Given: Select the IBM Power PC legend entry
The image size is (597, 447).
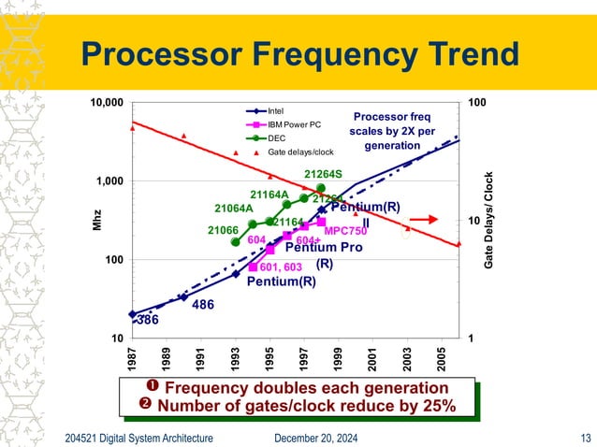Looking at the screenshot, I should [x=294, y=123].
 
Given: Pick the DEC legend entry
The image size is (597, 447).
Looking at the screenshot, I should [x=277, y=137].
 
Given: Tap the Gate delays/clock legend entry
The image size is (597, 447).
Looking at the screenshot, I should [x=300, y=151].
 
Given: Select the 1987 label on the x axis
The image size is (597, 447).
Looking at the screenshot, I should [x=132, y=356].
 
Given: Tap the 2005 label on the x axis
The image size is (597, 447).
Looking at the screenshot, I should [x=442, y=356].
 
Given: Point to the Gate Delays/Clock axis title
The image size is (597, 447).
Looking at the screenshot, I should [x=488, y=221].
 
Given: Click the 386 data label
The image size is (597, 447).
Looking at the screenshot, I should [x=147, y=320].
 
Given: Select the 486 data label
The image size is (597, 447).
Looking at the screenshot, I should [x=203, y=305].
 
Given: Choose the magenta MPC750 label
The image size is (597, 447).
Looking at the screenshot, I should [x=343, y=230].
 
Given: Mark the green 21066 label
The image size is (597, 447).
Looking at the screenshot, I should [x=223, y=230].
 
